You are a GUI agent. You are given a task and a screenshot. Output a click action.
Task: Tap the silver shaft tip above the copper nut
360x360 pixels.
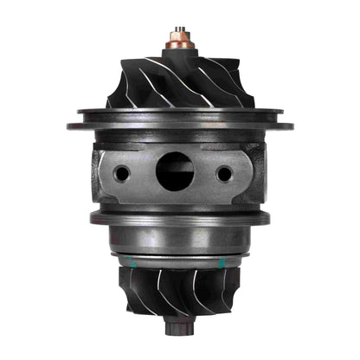point(179,29)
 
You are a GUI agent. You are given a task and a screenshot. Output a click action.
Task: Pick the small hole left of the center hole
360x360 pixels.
point(122,173)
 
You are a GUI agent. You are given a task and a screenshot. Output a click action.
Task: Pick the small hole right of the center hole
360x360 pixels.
point(224,173)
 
